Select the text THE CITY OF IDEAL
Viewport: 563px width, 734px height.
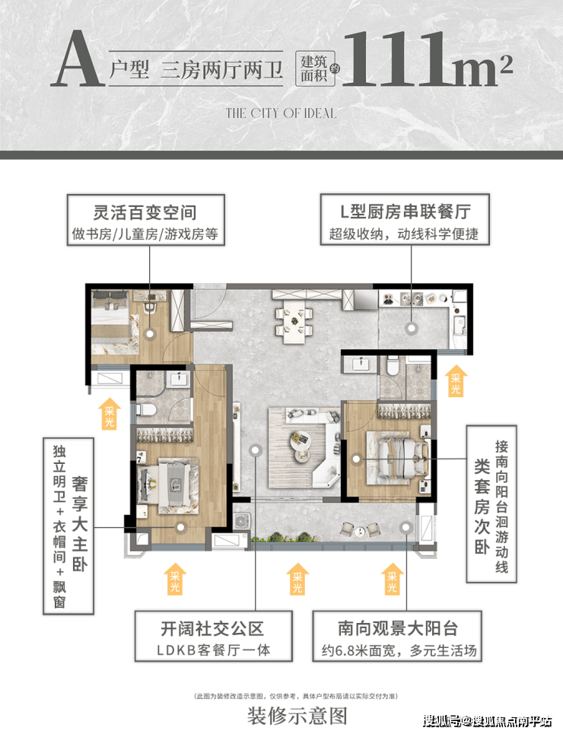click(281, 113)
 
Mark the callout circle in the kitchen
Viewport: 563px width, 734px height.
click(412, 329)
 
